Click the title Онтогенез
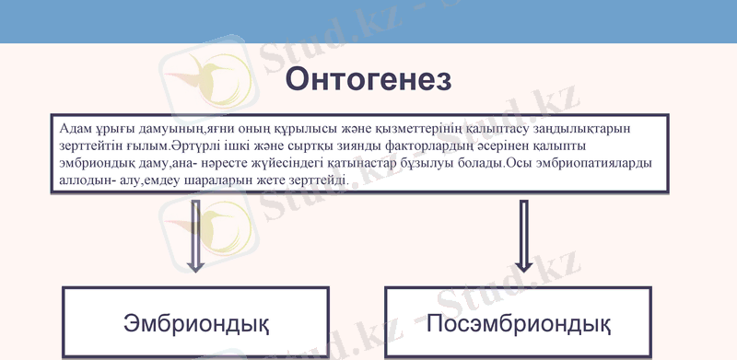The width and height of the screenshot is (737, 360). [368, 79]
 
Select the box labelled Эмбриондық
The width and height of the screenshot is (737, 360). [195, 323]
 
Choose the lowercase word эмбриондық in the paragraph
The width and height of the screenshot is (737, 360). [97, 164]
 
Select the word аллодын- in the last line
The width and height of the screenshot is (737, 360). [88, 180]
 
